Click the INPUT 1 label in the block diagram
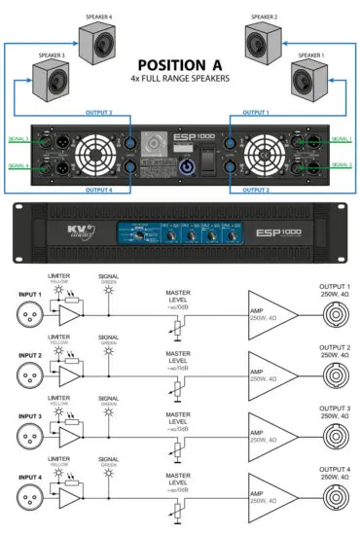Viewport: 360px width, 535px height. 28,294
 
